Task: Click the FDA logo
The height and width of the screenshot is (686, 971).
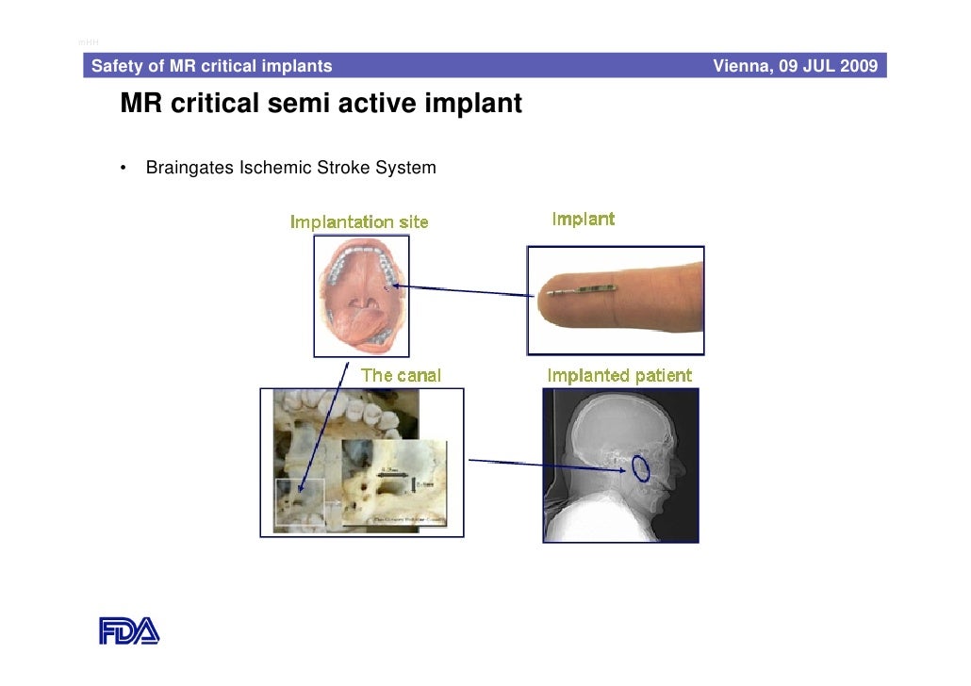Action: (129, 629)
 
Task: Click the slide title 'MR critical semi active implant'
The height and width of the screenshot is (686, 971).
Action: (321, 104)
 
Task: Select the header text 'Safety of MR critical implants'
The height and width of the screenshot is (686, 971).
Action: (211, 66)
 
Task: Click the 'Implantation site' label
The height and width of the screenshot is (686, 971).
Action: (358, 222)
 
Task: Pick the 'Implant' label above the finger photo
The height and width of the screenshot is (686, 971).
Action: (583, 220)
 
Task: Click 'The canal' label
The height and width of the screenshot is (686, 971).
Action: (401, 375)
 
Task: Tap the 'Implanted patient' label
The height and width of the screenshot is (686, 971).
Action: (619, 376)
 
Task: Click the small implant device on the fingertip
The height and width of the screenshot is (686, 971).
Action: (583, 288)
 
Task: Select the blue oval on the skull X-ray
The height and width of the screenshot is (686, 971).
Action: (641, 468)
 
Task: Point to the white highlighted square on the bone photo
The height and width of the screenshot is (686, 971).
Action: (300, 505)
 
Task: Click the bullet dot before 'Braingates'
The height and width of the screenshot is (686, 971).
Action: (123, 170)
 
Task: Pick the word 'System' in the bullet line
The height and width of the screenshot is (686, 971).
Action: (405, 169)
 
